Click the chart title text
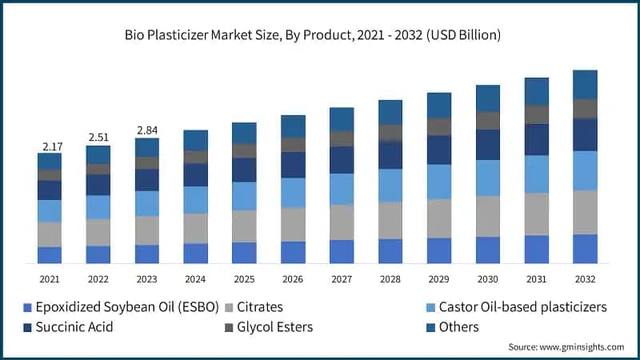click(320, 34)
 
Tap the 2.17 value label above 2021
click(50, 146)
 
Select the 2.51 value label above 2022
click(98, 138)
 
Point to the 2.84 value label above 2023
click(147, 130)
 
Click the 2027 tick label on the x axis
click(342, 279)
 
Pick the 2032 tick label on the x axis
click(585, 279)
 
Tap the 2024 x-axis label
click(196, 279)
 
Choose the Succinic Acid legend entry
click(69, 326)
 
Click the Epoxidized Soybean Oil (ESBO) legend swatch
click(28, 308)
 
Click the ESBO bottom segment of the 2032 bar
click(585, 249)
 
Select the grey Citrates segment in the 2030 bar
click(488, 216)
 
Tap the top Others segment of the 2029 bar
click(439, 106)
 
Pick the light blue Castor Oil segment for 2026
click(293, 193)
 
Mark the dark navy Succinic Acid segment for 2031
click(537, 139)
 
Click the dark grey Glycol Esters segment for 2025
click(244, 150)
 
